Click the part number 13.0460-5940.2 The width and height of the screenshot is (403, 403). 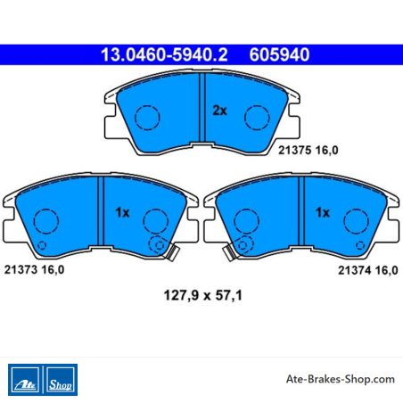[164, 54]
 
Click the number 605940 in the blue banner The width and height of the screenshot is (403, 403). [279, 54]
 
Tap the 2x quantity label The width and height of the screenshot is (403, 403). [219, 111]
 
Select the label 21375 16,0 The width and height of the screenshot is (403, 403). [308, 151]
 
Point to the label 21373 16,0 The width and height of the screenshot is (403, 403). [34, 270]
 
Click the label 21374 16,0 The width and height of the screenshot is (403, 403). [368, 270]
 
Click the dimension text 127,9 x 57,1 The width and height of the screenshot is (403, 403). [203, 295]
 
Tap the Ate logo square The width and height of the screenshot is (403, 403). [25, 380]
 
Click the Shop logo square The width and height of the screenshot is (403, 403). [61, 380]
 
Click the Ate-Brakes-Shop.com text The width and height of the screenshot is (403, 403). [341, 379]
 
